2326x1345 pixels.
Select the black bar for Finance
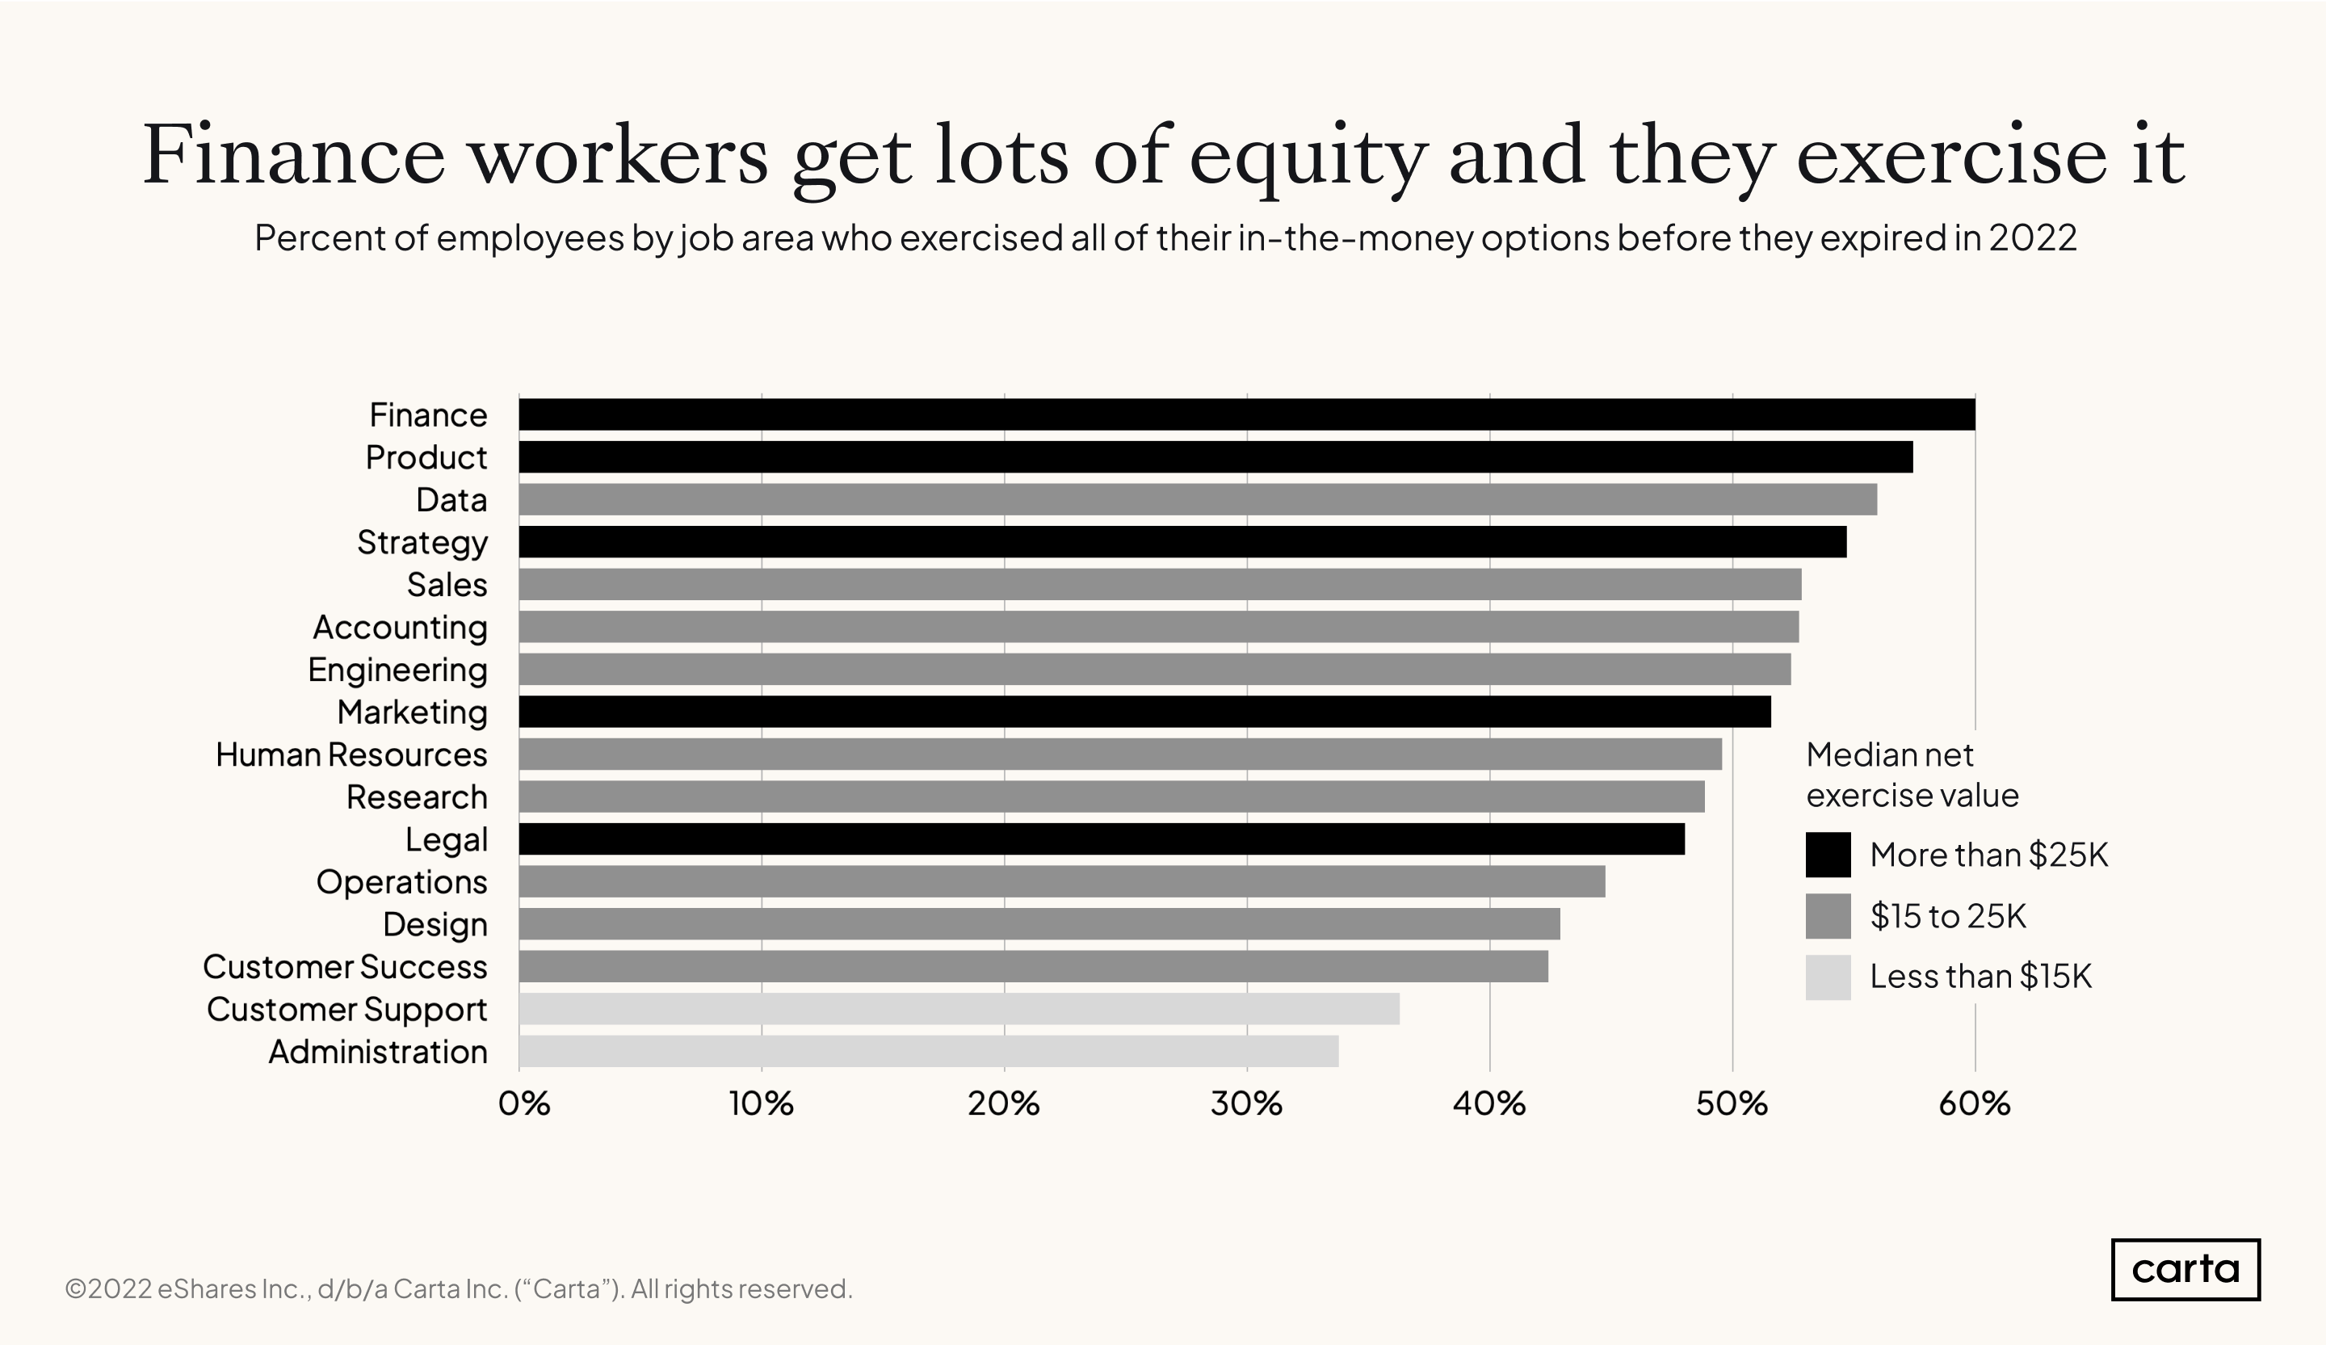click(1246, 414)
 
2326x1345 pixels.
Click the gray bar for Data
click(1197, 499)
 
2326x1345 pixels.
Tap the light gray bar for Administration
click(928, 1052)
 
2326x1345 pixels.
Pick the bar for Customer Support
click(958, 1009)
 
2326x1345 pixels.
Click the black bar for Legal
click(1101, 839)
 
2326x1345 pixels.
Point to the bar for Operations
click(1061, 881)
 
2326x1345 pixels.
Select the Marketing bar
click(1144, 712)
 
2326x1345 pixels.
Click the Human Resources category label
click(351, 755)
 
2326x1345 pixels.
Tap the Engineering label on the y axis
click(397, 670)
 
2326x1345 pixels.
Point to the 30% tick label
click(1246, 1104)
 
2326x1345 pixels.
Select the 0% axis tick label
click(523, 1104)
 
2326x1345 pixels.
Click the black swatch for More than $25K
click(1828, 855)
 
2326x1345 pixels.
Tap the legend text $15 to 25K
click(1947, 916)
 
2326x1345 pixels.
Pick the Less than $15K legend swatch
click(1828, 977)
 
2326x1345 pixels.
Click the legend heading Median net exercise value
click(1911, 775)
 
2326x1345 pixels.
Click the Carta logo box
click(2185, 1269)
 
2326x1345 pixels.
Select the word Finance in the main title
click(293, 157)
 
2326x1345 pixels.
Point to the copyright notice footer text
click(459, 1288)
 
